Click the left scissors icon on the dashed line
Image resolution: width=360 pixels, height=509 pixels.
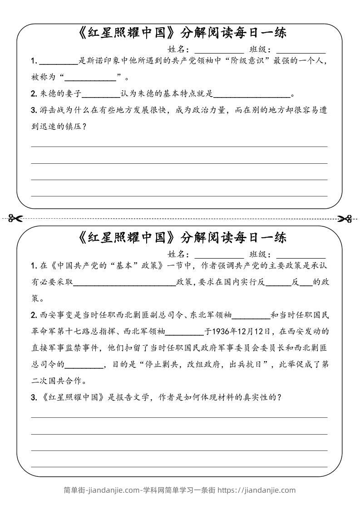click(x=15, y=219)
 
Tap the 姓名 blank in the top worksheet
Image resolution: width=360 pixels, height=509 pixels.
click(x=219, y=50)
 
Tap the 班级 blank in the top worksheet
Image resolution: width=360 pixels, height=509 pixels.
click(x=301, y=50)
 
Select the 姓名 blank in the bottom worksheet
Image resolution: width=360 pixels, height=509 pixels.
click(x=219, y=254)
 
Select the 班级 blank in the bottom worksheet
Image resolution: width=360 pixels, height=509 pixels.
click(x=301, y=254)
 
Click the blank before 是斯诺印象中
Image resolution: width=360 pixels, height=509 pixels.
click(x=59, y=61)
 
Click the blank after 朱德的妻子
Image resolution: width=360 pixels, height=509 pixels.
click(x=101, y=94)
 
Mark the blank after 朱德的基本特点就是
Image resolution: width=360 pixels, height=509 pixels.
click(x=252, y=94)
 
